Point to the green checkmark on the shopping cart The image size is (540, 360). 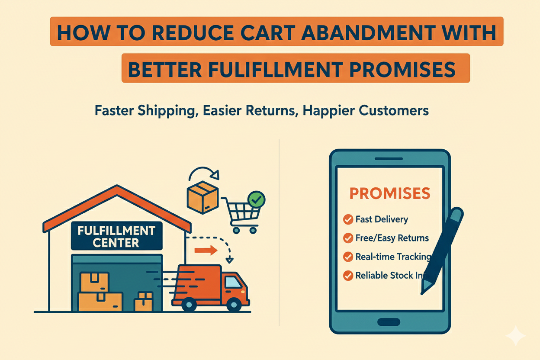257,199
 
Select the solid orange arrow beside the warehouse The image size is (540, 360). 205,250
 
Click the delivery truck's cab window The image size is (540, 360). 234,283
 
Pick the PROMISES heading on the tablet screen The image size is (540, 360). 390,193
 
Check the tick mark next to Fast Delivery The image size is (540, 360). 348,220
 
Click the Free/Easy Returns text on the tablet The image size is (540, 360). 392,238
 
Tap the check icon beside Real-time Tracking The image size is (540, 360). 348,257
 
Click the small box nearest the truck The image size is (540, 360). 143,302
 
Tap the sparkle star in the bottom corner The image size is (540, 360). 515,336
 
